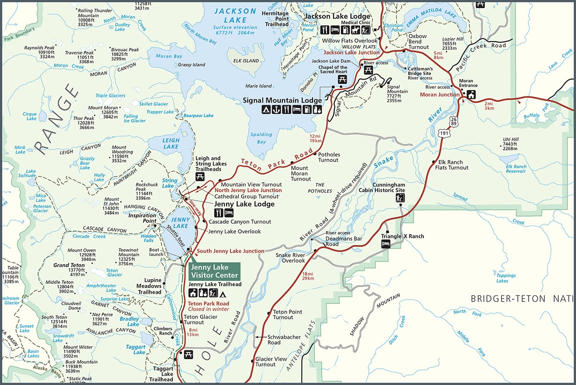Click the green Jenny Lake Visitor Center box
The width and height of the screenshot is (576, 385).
tap(214, 271)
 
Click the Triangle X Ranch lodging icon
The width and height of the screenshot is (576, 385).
tap(385, 244)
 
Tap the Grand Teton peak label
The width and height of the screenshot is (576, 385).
tap(68, 265)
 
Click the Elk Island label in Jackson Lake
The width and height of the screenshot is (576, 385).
tap(242, 61)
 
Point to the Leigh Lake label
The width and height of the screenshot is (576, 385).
tap(170, 143)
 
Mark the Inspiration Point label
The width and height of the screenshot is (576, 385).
tap(143, 219)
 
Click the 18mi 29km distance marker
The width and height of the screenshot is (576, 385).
tap(308, 276)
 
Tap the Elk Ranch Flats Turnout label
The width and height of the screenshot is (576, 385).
tap(451, 165)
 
